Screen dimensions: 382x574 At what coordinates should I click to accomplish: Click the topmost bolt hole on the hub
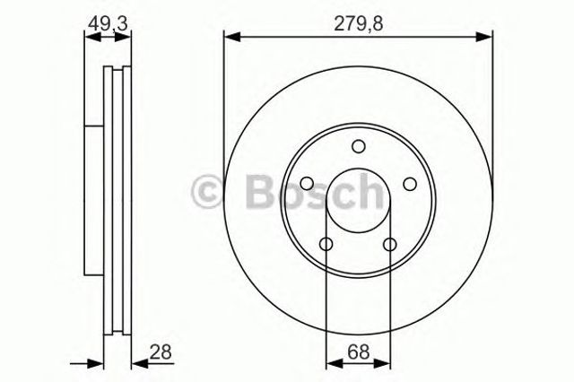[358, 147]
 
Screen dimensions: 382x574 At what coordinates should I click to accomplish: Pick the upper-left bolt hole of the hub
[306, 184]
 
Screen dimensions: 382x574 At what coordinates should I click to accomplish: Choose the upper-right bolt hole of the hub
[410, 184]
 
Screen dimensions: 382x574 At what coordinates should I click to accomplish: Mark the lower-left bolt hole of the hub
[326, 245]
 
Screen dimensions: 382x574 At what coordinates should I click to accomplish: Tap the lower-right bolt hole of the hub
[390, 245]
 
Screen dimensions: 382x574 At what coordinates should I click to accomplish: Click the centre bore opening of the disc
[358, 202]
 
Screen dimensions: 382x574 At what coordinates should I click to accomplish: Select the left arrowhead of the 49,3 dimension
[89, 37]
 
